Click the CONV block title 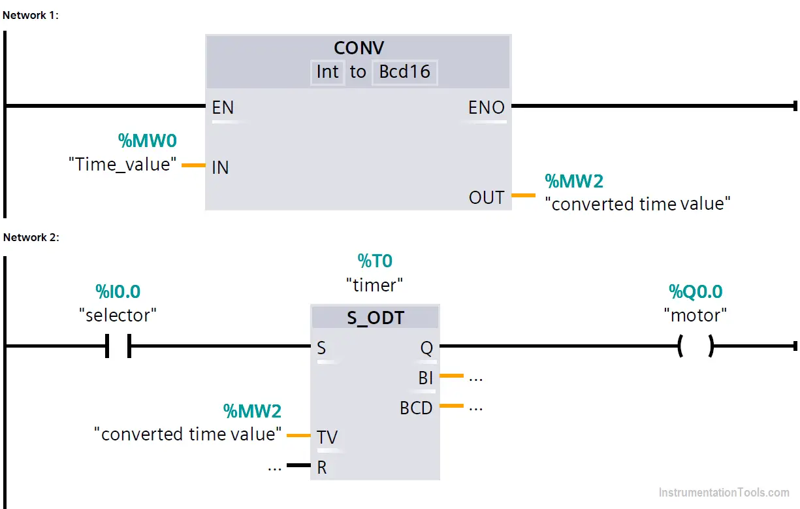359,48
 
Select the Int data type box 327,73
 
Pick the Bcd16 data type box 405,73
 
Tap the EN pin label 223,107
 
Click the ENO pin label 487,107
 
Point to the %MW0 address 147,140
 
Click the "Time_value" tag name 123,165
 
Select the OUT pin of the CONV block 487,197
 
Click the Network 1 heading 30,16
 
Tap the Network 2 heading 31,237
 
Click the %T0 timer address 375,261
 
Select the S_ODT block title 376,318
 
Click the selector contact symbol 118,346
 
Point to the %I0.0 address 118,291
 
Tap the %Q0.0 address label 696,291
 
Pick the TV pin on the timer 327,437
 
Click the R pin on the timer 322,467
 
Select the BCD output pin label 416,408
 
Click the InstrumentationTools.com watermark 724,492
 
